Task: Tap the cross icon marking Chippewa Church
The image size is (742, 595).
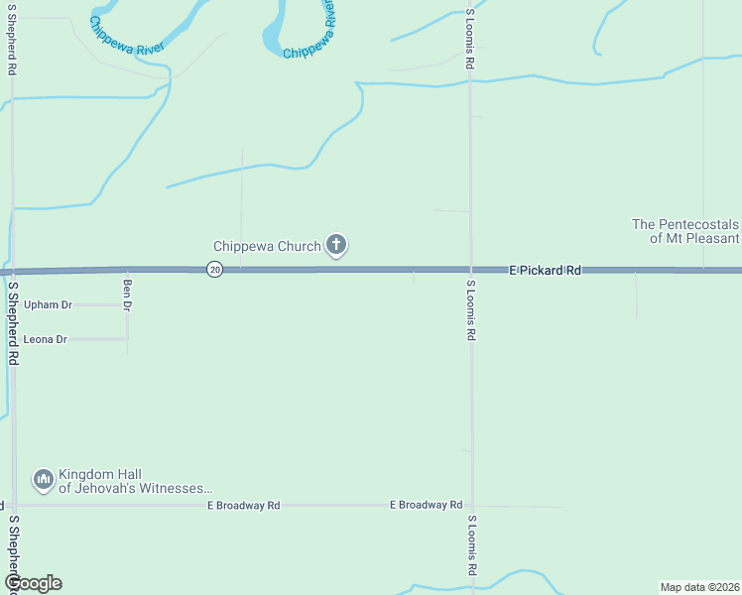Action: point(336,244)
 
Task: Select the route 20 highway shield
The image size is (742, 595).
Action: point(215,270)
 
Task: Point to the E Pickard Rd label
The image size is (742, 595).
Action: point(545,270)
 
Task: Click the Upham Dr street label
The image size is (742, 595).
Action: point(49,305)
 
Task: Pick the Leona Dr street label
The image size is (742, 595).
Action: point(46,339)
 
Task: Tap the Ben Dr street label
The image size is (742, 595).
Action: point(127,294)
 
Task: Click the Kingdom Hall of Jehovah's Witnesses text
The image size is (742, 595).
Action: point(135,481)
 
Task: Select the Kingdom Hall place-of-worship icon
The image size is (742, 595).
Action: point(43,481)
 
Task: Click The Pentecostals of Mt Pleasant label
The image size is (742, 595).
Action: point(685,231)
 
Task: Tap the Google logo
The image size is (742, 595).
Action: point(33,583)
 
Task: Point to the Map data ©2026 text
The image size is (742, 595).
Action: point(699,587)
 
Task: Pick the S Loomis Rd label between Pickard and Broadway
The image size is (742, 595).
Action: point(470,311)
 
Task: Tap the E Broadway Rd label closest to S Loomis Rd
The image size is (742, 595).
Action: point(426,505)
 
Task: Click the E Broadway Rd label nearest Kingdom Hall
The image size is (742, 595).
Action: point(244,506)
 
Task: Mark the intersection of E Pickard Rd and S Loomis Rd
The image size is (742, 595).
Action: point(471,270)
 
